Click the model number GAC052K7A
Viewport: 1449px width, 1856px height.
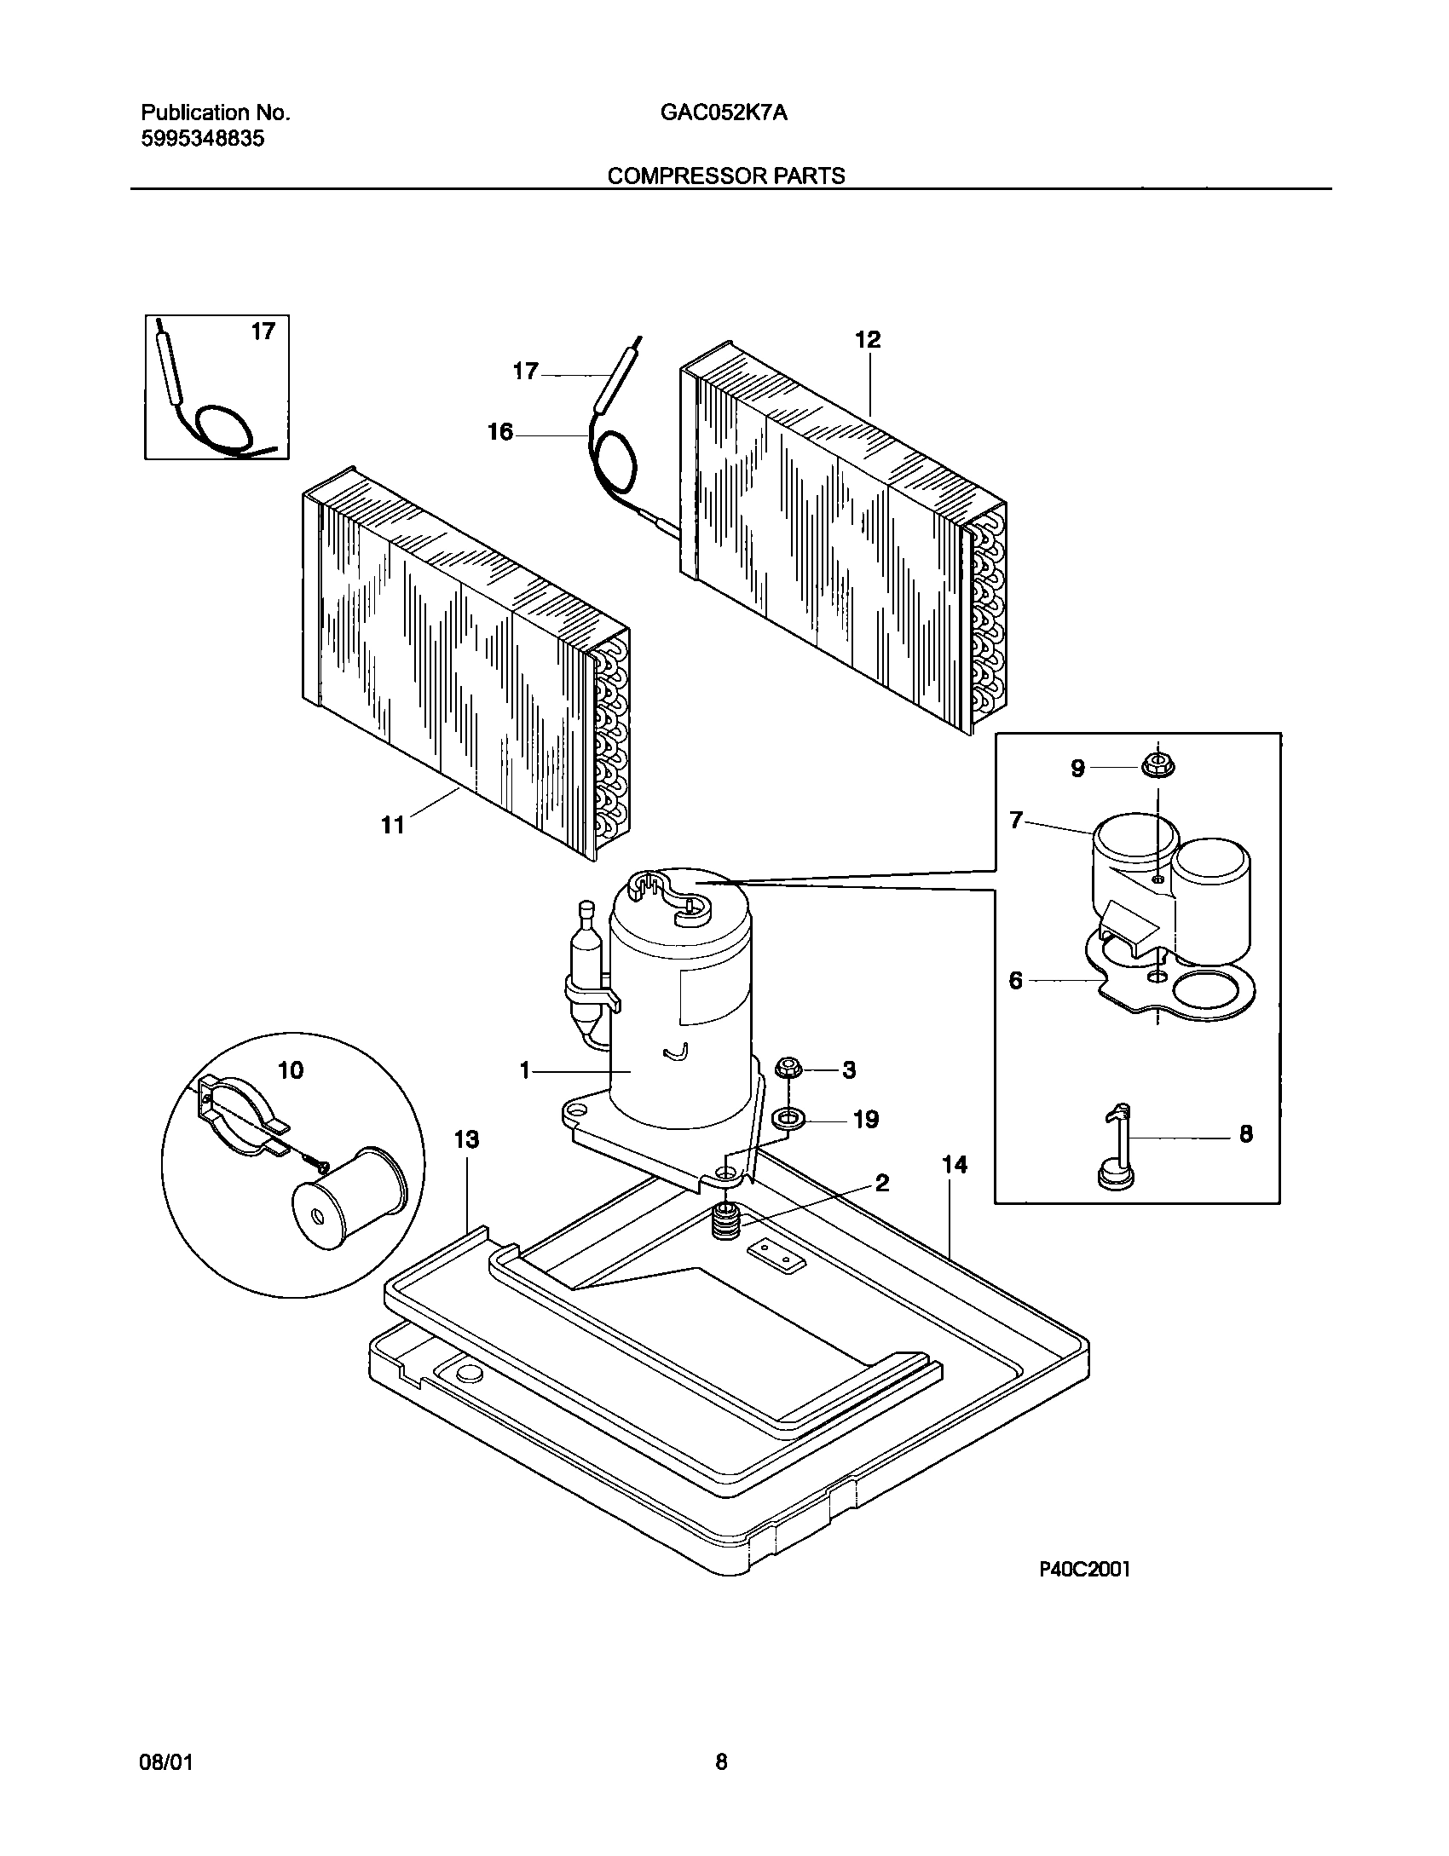point(723,113)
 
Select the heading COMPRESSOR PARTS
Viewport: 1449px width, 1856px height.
point(725,176)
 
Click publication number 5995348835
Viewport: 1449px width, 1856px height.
point(202,139)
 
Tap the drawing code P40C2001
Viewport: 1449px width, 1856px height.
point(1083,1594)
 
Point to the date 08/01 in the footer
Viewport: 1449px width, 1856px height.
point(165,1780)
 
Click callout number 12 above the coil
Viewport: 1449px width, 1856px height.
point(867,339)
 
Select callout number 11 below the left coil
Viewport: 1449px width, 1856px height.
point(392,825)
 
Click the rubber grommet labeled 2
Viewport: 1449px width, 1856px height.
point(724,1222)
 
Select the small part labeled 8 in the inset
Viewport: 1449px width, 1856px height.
point(1117,1146)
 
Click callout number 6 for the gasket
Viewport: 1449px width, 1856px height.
point(1015,981)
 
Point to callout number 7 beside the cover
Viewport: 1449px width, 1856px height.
point(1015,820)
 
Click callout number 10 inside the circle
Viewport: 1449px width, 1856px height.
point(291,1069)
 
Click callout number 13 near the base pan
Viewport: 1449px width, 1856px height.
point(466,1139)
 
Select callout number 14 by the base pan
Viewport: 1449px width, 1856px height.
point(955,1164)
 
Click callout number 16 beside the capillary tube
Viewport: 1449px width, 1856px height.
point(500,432)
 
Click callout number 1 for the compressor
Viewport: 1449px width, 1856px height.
point(525,1070)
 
